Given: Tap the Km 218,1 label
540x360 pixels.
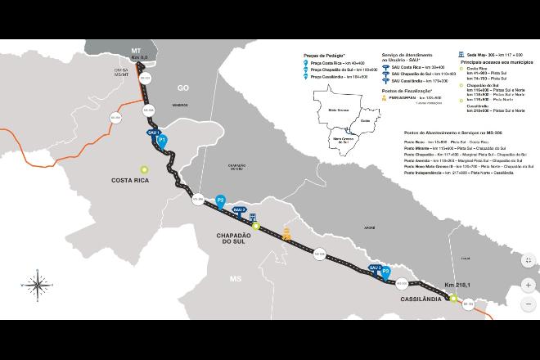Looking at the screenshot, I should (457, 285).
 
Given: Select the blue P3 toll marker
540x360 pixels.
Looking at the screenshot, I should (387, 273).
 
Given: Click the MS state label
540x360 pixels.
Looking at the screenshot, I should (236, 279).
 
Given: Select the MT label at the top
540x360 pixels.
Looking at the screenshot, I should (135, 50).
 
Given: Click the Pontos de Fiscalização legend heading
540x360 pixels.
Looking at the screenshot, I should (407, 92).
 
